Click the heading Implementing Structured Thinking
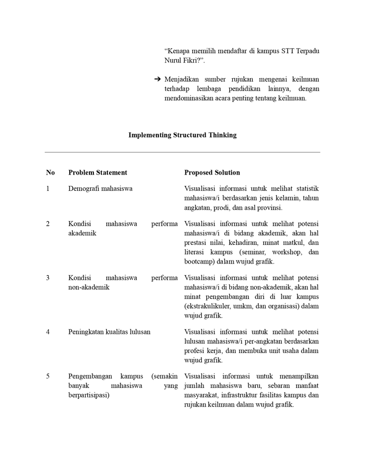pos(182,135)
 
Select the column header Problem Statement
pos(97,173)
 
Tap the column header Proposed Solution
pos(212,173)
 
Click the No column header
pos(50,173)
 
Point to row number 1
pos(48,188)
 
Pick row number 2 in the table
pos(48,224)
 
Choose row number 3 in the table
pos(48,278)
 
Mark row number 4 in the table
pos(48,332)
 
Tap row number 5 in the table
pos(48,377)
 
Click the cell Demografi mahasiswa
pos(100,188)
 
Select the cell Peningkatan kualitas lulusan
pos(109,332)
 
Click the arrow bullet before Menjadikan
pos(157,79)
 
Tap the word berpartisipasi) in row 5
pos(89,395)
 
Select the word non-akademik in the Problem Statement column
pos(89,287)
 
